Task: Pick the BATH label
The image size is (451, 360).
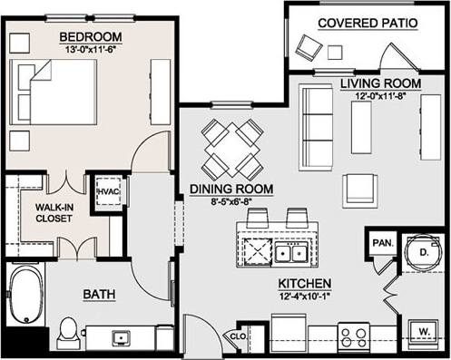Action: point(99,295)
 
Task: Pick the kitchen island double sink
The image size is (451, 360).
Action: point(292,251)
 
